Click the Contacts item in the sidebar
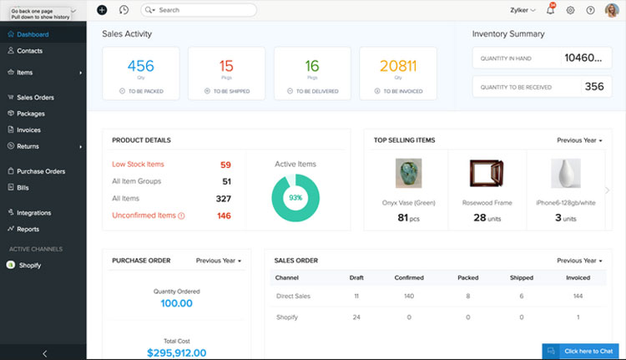(x=30, y=51)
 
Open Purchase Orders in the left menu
(x=41, y=171)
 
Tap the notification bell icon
(x=549, y=10)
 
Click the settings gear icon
(x=571, y=10)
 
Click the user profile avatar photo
(x=612, y=10)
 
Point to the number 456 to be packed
(x=140, y=66)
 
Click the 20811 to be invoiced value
(x=397, y=66)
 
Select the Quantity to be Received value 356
(x=593, y=86)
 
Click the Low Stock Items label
(x=138, y=165)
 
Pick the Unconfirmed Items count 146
(x=224, y=215)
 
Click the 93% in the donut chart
(x=295, y=198)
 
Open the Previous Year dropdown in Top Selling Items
(x=579, y=140)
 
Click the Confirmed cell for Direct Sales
(x=409, y=296)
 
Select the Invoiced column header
(x=578, y=277)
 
